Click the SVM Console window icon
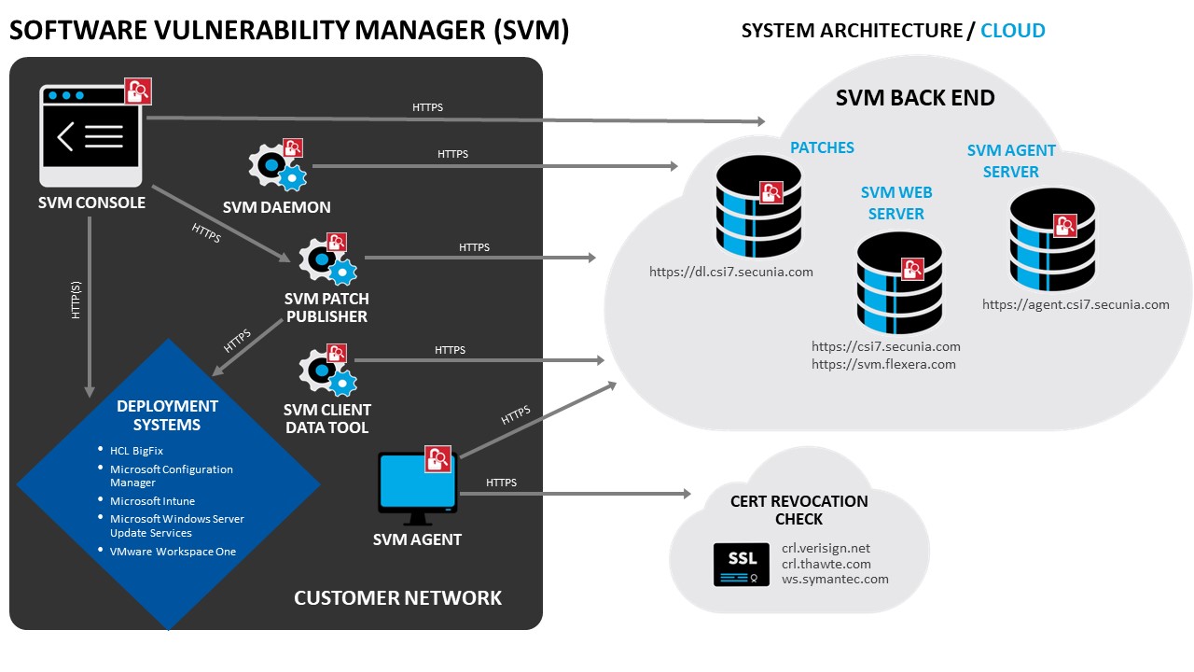pyautogui.click(x=90, y=135)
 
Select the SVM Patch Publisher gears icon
pyautogui.click(x=327, y=260)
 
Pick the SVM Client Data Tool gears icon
pyautogui.click(x=327, y=371)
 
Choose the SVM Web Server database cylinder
pyautogui.click(x=899, y=281)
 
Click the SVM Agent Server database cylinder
pyautogui.click(x=1052, y=240)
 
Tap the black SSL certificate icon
pyautogui.click(x=742, y=564)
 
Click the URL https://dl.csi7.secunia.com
pyautogui.click(x=731, y=273)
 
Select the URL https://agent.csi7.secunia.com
pyautogui.click(x=1076, y=304)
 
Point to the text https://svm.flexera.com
pyautogui.click(x=883, y=364)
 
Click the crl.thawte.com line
pyautogui.click(x=826, y=564)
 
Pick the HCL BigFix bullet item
pyautogui.click(x=136, y=451)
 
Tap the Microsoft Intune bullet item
pyautogui.click(x=152, y=501)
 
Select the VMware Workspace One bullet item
pyautogui.click(x=173, y=552)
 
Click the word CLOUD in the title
pyautogui.click(x=1012, y=31)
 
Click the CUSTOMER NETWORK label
pyautogui.click(x=397, y=597)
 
